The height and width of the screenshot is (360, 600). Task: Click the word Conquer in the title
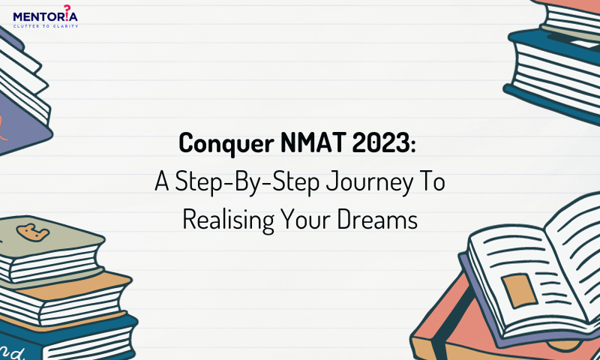coord(226,144)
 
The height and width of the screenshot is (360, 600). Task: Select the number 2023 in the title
coord(382,142)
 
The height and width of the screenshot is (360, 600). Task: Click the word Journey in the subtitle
coord(370,182)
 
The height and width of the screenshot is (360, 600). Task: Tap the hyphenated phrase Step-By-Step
coord(247,182)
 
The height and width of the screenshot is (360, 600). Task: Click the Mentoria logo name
coord(45,16)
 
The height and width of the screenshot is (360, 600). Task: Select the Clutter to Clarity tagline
coord(46,26)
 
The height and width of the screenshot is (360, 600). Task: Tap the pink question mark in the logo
coord(67,11)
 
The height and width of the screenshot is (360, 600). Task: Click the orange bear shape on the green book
coord(32,232)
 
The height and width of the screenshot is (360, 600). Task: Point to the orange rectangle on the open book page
coord(520,291)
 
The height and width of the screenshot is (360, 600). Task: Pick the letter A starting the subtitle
coord(162,181)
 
